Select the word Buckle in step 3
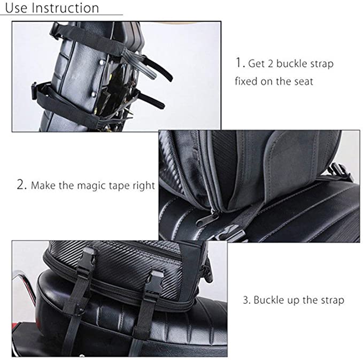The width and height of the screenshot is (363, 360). click(269, 300)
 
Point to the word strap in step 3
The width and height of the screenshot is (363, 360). click(332, 300)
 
